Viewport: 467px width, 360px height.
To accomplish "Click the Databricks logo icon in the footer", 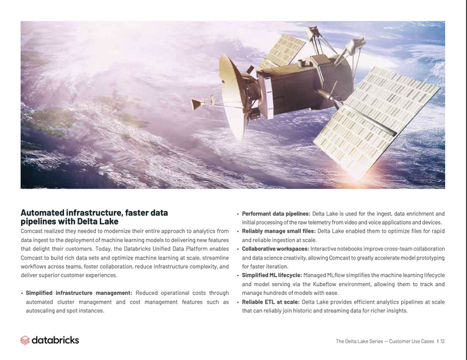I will coord(25,340).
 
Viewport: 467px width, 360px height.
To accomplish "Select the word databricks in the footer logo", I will coord(55,340).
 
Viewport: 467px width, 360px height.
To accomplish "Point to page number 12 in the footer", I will coord(443,341).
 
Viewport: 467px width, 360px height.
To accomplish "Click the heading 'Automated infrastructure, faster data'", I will coord(94,212).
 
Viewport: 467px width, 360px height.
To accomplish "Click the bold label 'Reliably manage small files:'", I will coord(278,231).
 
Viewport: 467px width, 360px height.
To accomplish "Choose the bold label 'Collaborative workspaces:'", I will coord(275,249).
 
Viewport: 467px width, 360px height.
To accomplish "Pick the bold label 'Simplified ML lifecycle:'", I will coord(271,275).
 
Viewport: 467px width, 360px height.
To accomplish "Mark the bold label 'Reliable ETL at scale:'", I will coord(270,302).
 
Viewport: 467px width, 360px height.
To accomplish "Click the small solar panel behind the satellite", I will coord(282,52).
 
